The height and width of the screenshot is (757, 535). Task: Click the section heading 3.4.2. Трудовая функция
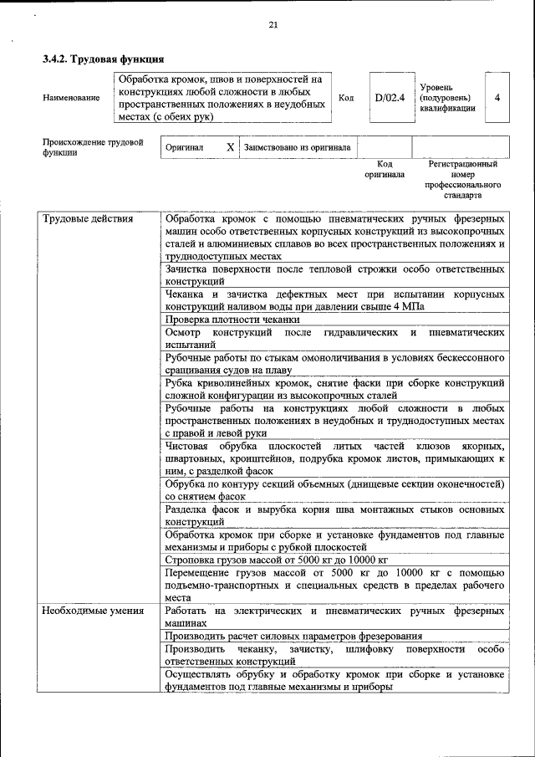point(103,60)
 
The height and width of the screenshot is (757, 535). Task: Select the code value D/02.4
point(390,98)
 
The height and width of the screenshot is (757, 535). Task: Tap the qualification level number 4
point(497,98)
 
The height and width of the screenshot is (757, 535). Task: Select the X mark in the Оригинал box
point(231,146)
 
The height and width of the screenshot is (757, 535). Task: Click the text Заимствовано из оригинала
point(298,147)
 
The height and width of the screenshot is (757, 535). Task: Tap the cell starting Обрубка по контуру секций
point(334,489)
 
